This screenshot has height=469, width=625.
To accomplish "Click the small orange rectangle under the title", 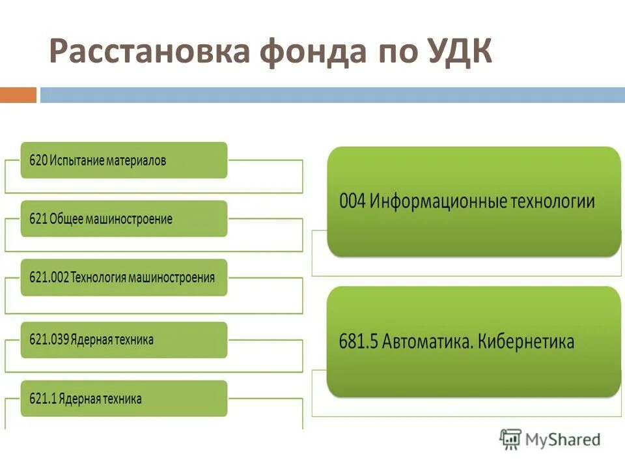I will pos(18,95).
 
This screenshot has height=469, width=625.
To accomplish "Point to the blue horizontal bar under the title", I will pos(332,95).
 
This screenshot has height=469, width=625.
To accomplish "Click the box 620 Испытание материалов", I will pos(124,160).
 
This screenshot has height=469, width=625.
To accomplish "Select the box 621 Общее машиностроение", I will pos(124,219).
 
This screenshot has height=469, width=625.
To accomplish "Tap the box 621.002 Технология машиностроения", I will pos(124,277).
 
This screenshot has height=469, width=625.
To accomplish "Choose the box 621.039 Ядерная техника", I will pos(124,339).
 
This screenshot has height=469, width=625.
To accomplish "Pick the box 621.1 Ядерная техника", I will pos(124,399).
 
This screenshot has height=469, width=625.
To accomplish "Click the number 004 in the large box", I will pos(352,201).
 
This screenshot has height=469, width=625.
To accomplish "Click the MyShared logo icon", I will pos(510,440).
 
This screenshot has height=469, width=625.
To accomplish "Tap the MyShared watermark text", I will pos(563,440).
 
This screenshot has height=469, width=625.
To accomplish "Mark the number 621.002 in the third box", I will pos(48,277).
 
